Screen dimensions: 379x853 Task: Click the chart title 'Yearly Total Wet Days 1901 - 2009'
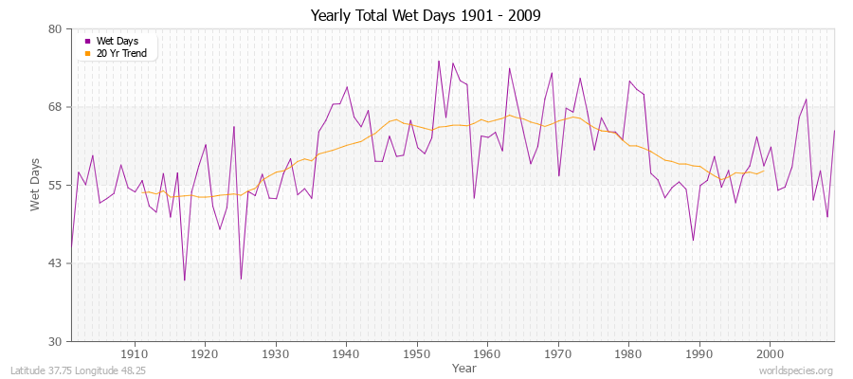coord(426,16)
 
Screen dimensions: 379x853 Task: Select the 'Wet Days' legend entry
coord(118,41)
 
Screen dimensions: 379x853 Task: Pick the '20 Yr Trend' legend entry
coord(121,53)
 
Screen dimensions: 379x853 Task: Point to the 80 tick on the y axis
coord(55,29)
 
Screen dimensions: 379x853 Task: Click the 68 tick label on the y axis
coord(55,107)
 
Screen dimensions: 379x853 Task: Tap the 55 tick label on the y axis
coord(55,185)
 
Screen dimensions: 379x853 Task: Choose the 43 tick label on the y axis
coord(55,263)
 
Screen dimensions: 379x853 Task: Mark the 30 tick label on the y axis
coord(55,341)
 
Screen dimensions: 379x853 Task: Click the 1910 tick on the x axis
coord(135,353)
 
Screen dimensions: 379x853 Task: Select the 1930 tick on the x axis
coord(276,353)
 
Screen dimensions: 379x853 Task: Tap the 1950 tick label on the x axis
coord(417,353)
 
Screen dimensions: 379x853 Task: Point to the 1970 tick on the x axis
coord(558,353)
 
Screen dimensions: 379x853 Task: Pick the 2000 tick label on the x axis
coord(770,353)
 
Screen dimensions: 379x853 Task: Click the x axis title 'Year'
coord(464,367)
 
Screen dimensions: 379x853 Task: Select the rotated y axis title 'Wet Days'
coord(35,185)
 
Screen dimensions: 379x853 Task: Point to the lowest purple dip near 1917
coord(184,280)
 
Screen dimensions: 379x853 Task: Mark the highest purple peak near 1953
coord(439,61)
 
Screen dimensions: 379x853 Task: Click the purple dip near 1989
coord(693,241)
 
